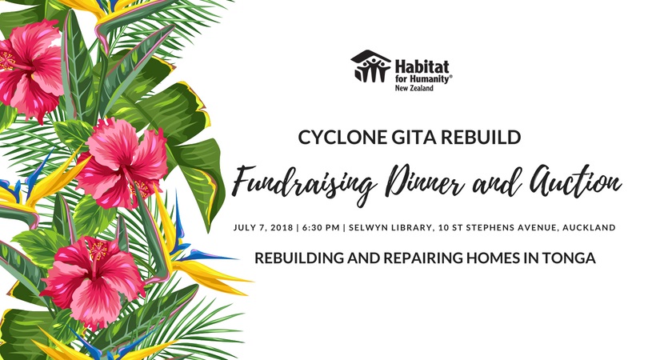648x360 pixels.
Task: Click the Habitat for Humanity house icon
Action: [370, 66]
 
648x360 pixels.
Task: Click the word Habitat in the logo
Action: [422, 67]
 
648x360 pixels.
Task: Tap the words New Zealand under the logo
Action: [414, 88]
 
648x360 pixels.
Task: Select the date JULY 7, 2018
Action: [263, 228]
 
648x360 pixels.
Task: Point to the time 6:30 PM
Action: [321, 228]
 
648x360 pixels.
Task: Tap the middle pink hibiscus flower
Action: [121, 163]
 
